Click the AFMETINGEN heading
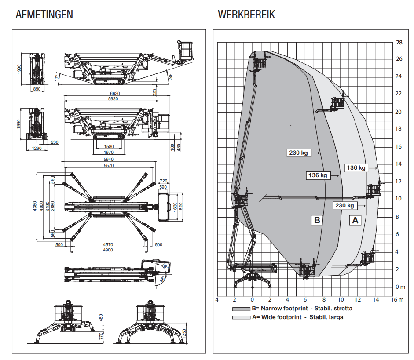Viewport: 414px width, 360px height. coord(44,15)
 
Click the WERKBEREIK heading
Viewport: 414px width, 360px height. coord(246,15)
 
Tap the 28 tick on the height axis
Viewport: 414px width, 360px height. coord(399,43)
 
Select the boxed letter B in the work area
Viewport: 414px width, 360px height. coord(317,220)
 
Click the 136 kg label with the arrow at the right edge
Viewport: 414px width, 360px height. coord(356,168)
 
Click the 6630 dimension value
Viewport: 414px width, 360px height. coord(115,93)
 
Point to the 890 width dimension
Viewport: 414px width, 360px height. coord(37,89)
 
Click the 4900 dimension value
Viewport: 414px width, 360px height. coord(108,250)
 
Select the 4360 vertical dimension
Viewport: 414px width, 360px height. coord(35,206)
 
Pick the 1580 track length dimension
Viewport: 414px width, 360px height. coord(108,147)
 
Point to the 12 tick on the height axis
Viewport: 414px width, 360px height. coord(399,181)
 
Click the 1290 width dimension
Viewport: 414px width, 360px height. coord(37,149)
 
